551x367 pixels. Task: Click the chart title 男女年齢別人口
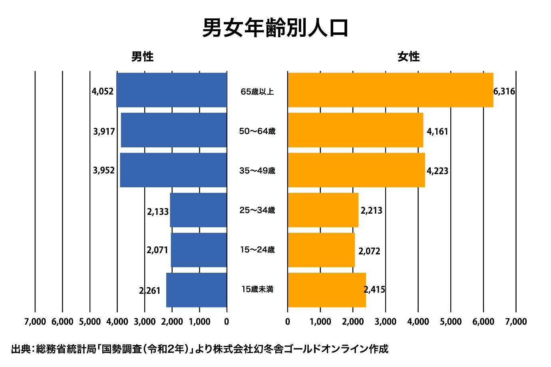click(275, 28)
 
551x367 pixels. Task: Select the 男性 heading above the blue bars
click(143, 57)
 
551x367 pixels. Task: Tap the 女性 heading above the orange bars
click(408, 57)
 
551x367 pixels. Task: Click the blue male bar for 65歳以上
click(172, 90)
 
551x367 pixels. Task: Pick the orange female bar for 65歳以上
click(390, 90)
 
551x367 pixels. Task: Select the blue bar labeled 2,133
click(199, 210)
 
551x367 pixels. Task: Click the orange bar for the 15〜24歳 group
click(321, 250)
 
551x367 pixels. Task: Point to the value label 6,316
click(504, 91)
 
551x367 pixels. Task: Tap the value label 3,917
click(104, 131)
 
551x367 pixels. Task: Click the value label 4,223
click(438, 171)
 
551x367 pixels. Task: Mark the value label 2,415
click(375, 290)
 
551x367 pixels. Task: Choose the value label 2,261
click(150, 291)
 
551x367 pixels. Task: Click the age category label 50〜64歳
click(257, 131)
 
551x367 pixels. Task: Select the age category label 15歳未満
click(257, 289)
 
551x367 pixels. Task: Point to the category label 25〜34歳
click(257, 210)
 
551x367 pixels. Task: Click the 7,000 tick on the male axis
click(35, 321)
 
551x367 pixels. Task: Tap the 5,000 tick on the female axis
click(451, 321)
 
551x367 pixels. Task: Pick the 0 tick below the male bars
click(227, 321)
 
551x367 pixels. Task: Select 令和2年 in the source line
click(168, 349)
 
